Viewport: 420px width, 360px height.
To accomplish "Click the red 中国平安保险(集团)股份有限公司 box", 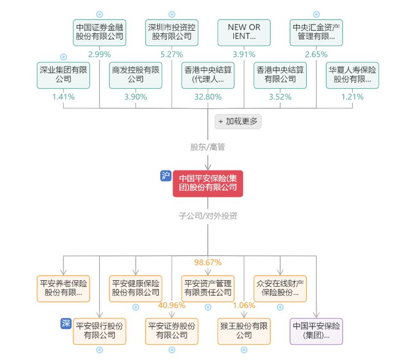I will pos(208,183).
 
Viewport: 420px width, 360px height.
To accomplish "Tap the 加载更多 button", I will pos(238,121).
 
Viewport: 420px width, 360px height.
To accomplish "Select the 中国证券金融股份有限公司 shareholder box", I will pos(99,32).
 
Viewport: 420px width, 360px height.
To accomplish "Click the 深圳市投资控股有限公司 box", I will pos(172,32).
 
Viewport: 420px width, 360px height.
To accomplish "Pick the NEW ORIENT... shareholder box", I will pos(244,32).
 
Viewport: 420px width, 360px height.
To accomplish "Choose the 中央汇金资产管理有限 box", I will pos(316,32).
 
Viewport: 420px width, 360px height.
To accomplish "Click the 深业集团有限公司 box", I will pos(63,74).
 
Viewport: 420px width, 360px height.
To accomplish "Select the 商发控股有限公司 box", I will pos(136,74).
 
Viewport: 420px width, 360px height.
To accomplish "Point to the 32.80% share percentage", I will pos(208,97).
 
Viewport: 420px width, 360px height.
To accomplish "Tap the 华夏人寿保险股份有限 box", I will pos(352,74).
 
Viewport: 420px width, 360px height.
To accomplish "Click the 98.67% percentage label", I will pos(208,263).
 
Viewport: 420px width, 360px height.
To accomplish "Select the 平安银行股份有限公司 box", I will pos(99,331).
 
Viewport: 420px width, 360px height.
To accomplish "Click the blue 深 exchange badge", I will pos(66,323).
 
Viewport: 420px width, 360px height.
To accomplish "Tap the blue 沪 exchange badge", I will pos(166,176).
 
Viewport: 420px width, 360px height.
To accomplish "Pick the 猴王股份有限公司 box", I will pos(244,331).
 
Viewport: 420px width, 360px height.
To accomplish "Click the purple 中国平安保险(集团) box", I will pos(316,331).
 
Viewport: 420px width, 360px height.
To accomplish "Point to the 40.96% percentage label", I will pos(172,306).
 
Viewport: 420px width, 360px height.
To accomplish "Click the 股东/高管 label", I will pos(208,147).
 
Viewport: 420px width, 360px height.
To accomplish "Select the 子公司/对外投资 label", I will pos(208,216).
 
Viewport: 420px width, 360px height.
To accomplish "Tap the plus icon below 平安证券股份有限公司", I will pos(172,350).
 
